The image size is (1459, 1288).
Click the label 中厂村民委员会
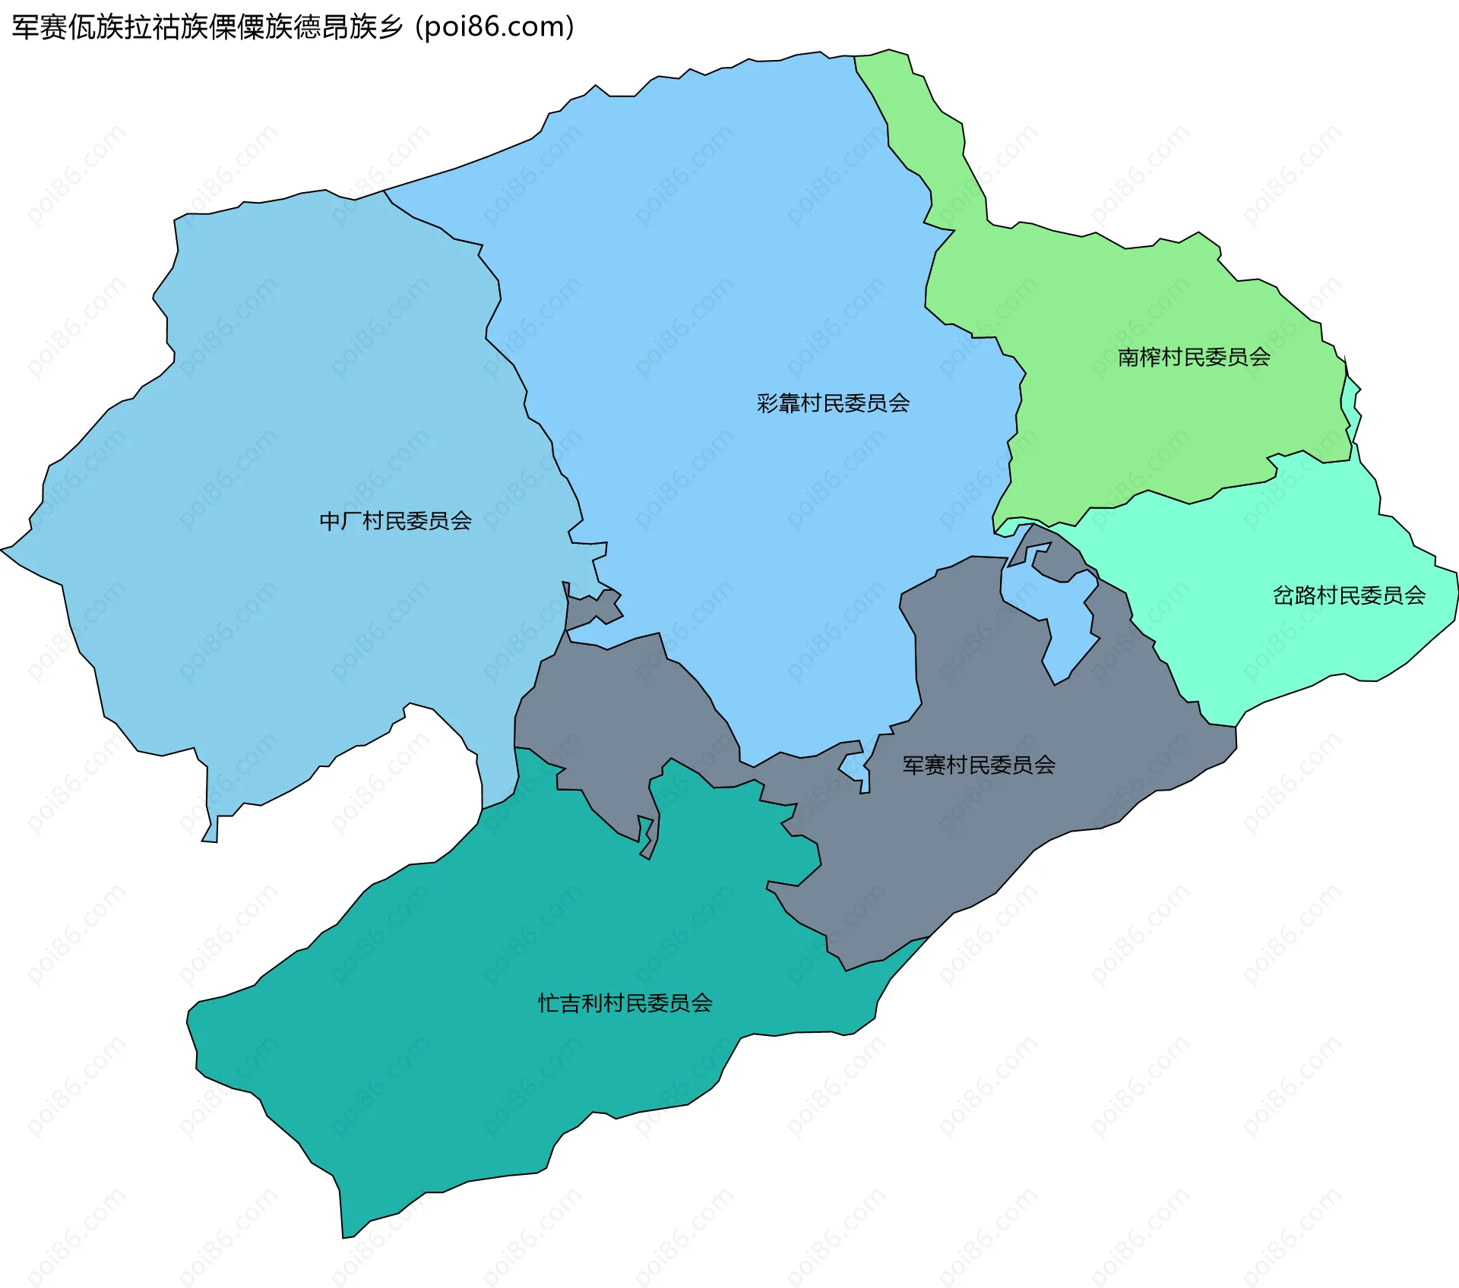(x=395, y=521)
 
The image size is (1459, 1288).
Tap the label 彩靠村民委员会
(x=833, y=403)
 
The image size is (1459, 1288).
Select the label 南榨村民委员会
(x=1194, y=357)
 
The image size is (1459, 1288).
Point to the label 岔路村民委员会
(x=1349, y=595)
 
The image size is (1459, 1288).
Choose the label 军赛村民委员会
(x=979, y=765)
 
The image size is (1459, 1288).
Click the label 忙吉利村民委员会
(x=625, y=1003)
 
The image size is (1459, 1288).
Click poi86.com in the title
(x=495, y=27)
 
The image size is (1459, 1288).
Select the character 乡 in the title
(x=390, y=27)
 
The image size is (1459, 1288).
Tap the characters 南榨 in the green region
(x=1139, y=357)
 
